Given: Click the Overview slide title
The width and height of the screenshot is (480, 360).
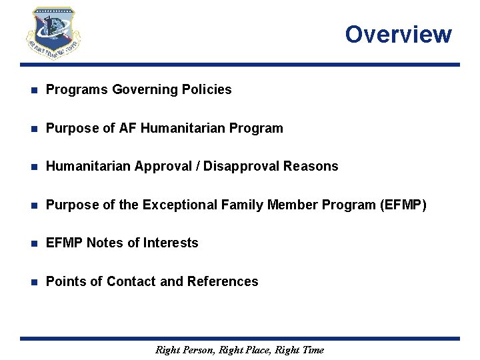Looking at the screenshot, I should click(x=398, y=34).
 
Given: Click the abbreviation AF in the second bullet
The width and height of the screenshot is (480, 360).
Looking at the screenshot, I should click(x=145, y=127).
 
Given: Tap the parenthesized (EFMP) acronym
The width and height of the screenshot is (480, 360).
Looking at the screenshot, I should click(x=402, y=205).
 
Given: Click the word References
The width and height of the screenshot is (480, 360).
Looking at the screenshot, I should click(x=223, y=281).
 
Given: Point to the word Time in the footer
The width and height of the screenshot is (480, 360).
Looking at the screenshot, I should click(x=312, y=349).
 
